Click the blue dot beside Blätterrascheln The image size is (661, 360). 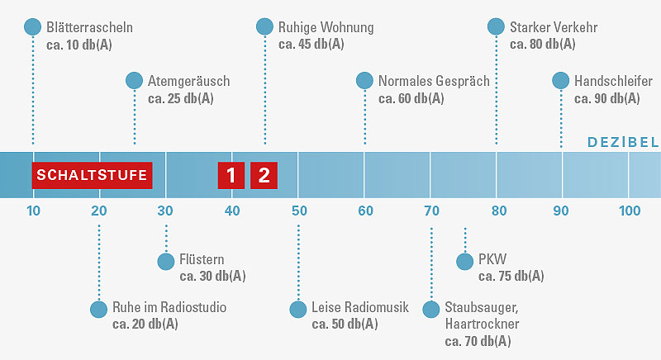click(x=33, y=27)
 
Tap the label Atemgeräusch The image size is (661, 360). click(x=188, y=81)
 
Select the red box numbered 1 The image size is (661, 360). click(x=231, y=175)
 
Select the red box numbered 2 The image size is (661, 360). click(x=264, y=175)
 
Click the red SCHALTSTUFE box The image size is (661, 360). click(x=93, y=175)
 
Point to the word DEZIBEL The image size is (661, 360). click(x=623, y=142)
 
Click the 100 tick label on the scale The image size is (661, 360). click(x=630, y=211)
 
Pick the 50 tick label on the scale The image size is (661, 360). click(x=298, y=211)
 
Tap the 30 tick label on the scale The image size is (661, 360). click(x=165, y=211)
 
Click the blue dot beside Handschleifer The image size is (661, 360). click(x=561, y=80)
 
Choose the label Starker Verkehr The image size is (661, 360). click(x=554, y=27)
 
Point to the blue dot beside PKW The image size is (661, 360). click(x=464, y=261)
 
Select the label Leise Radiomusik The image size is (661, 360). click(x=360, y=308)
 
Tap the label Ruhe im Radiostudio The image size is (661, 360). click(x=169, y=308)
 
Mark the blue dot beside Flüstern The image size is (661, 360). click(x=165, y=261)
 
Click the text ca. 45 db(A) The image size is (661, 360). click(x=311, y=45)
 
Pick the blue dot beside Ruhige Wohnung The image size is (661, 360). click(x=264, y=27)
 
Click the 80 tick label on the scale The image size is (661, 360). click(x=497, y=211)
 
